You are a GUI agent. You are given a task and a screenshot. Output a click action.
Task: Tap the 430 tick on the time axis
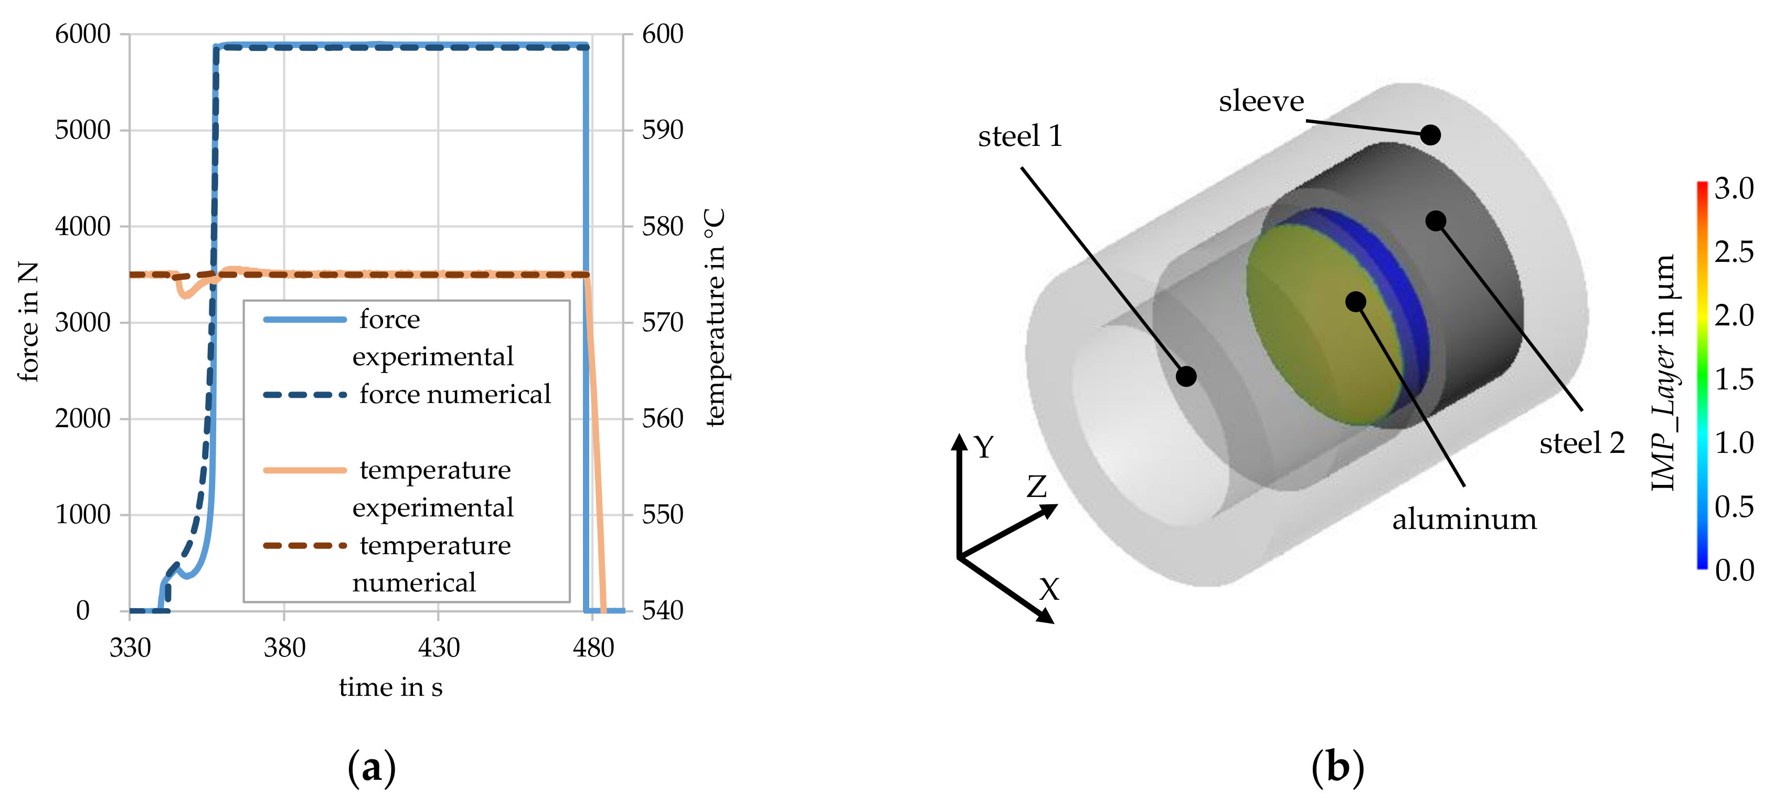click(439, 648)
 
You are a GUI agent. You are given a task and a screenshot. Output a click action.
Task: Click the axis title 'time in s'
click(390, 687)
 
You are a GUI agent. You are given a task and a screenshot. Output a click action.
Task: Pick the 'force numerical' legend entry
click(454, 394)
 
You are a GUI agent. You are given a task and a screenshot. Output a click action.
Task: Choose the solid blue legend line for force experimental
click(304, 320)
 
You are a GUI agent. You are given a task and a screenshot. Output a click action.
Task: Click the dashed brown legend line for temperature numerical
click(304, 546)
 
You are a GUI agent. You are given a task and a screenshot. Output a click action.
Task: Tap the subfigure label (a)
click(372, 767)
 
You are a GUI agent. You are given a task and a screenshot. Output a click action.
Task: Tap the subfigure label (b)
click(1337, 767)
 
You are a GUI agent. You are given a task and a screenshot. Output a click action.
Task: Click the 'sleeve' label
click(1261, 101)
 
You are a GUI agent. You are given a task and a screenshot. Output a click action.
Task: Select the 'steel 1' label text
click(1020, 136)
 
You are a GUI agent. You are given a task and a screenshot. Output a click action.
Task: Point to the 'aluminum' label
click(1464, 519)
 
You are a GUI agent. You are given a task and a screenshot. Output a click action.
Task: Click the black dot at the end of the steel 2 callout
click(1435, 221)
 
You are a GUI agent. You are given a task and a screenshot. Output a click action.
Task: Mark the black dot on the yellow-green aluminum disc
click(1355, 301)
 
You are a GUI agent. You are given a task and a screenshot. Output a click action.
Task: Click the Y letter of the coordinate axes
click(984, 448)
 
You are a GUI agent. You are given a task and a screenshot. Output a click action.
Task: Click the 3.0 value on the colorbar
click(1734, 188)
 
